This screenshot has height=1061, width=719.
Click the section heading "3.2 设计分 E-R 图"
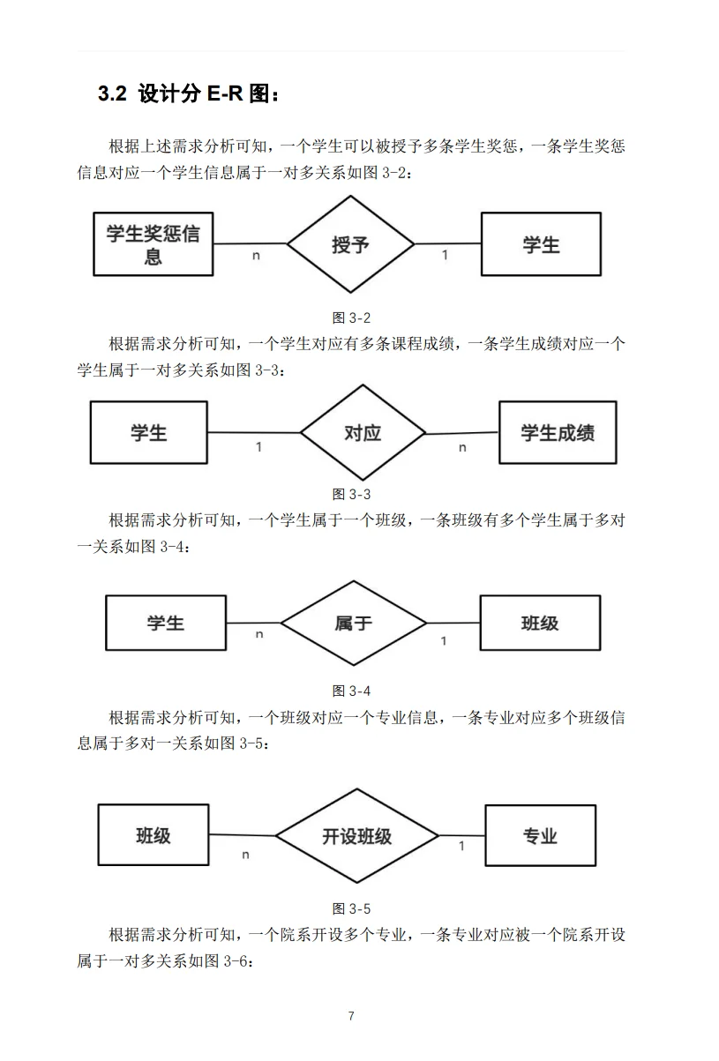pos(190,94)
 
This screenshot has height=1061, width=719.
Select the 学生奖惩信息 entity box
pos(153,244)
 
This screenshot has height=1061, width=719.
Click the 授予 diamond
pos(350,244)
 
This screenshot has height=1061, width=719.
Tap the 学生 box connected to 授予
pos(541,244)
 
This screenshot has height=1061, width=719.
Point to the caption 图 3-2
pos(351,318)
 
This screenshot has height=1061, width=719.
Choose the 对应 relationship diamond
pos(363,432)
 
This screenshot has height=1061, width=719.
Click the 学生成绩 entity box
pos(558,432)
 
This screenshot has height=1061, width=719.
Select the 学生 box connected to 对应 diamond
pos(149,432)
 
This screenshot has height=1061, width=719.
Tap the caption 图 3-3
pos(351,494)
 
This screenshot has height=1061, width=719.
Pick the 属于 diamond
pos(354,624)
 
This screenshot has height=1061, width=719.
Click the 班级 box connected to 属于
pos(540,624)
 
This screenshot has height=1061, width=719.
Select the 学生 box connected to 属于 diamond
pos(166,624)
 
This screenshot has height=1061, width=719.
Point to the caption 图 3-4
pos(351,690)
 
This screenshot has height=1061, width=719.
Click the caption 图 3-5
pos(351,908)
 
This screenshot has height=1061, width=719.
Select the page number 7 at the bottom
pos(351,1016)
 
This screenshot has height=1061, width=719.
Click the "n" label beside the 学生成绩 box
pos(462,448)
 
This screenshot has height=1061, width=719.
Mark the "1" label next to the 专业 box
pos(461,847)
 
